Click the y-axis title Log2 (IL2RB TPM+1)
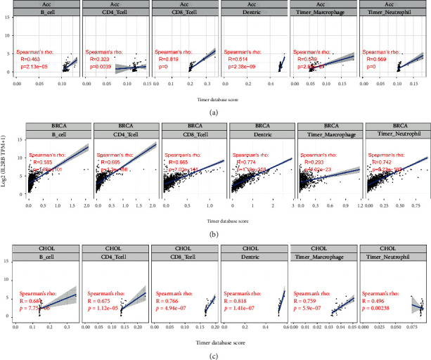click(x=5, y=165)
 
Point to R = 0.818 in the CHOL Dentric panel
click(x=241, y=300)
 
